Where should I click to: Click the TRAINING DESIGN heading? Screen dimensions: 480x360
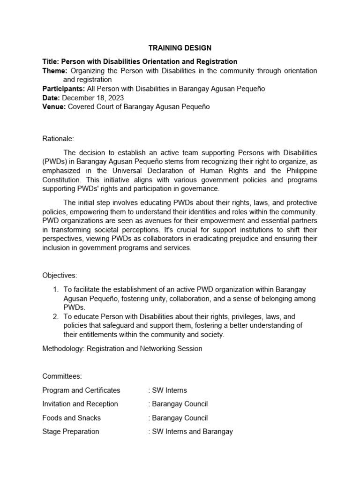pos(180,48)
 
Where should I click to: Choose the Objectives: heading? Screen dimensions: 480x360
pos(60,275)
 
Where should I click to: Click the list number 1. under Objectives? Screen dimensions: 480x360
pos(55,290)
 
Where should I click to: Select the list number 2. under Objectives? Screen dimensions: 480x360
pos(55,317)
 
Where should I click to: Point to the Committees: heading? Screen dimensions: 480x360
pos(62,376)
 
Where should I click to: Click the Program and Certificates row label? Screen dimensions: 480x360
pos(81,390)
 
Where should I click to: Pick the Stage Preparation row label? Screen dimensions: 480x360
pos(71,431)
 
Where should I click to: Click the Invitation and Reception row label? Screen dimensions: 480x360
pos(80,404)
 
